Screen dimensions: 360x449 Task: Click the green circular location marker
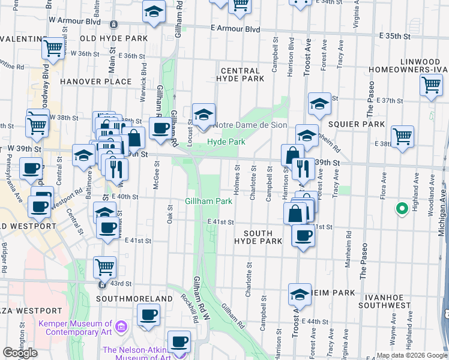pos(401,209)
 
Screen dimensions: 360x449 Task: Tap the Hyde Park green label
pos(226,142)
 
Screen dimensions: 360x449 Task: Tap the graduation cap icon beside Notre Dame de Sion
pos(203,114)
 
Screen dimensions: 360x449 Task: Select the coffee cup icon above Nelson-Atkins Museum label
pos(178,342)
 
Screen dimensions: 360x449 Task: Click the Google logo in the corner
pos(20,353)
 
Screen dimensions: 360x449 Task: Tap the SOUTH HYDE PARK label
pos(258,237)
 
